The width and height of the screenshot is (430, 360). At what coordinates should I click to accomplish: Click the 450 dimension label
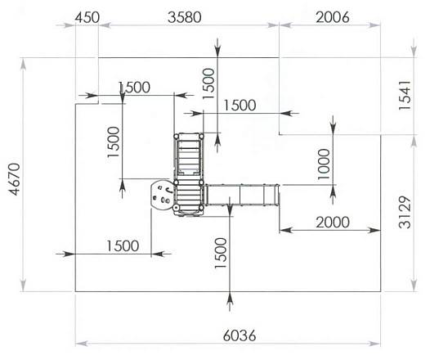pyautogui.click(x=87, y=18)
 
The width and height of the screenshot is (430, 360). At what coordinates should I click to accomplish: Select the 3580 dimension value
pyautogui.click(x=184, y=17)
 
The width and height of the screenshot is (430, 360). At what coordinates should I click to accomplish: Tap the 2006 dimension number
pyautogui.click(x=333, y=17)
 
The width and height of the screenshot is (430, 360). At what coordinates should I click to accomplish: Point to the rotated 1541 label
pyautogui.click(x=405, y=95)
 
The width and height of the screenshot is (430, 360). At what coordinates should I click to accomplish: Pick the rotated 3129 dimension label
pyautogui.click(x=405, y=212)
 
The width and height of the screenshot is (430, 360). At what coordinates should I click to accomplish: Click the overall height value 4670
pyautogui.click(x=14, y=179)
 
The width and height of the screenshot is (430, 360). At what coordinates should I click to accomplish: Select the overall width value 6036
pyautogui.click(x=240, y=335)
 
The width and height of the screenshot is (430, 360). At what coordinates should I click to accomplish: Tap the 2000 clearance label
pyautogui.click(x=333, y=222)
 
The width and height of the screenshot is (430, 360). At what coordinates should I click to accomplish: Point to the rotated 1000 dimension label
pyautogui.click(x=324, y=164)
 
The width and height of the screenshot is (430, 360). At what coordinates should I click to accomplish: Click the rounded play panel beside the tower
pyautogui.click(x=162, y=195)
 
